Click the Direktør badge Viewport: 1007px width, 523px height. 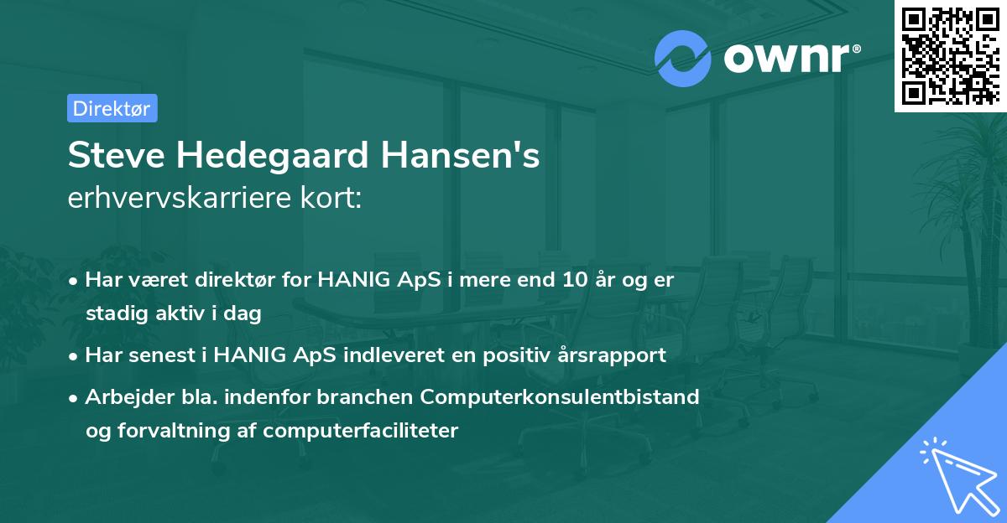[112, 108]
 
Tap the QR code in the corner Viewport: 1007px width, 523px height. [949, 55]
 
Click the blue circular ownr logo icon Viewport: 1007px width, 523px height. [682, 58]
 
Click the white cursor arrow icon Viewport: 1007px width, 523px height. [956, 474]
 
